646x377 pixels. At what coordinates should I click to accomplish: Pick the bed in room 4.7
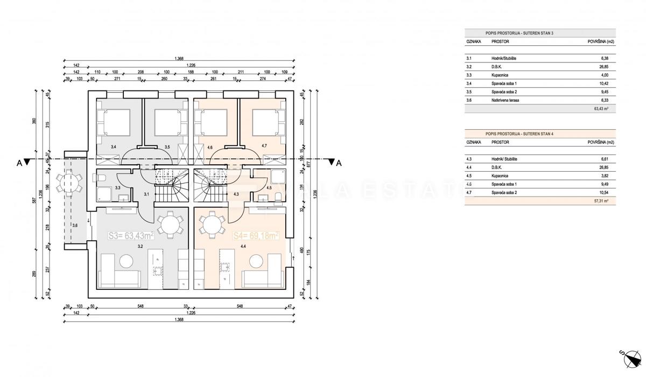[266, 122]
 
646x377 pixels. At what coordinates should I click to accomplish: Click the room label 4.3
[236, 194]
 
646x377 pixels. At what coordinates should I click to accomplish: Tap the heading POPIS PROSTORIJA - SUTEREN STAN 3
[519, 33]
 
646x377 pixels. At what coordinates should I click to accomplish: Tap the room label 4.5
[269, 188]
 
